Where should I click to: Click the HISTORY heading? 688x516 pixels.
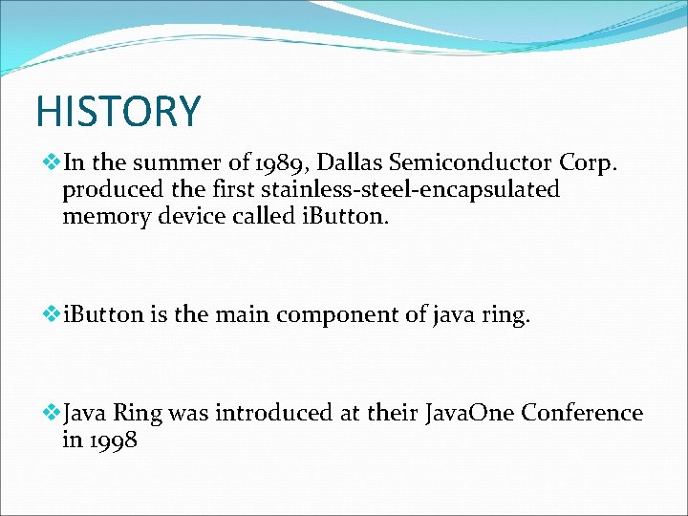coord(118,111)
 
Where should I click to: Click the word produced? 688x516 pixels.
coord(109,189)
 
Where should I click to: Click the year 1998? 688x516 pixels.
coord(113,441)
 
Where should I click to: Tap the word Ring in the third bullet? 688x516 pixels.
coord(139,415)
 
